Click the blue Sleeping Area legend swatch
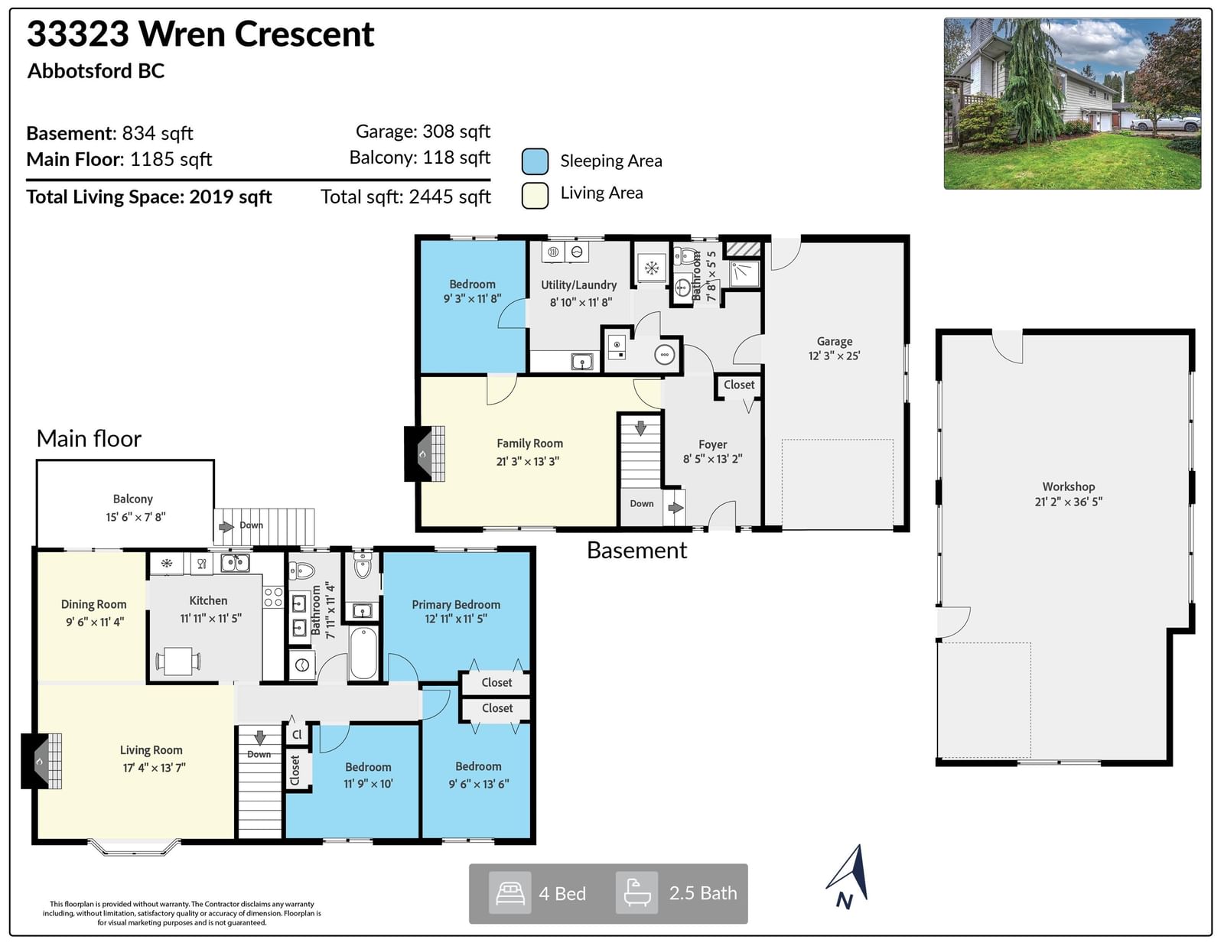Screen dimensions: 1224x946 pyautogui.click(x=535, y=161)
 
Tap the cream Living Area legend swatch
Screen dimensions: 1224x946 pyautogui.click(x=535, y=195)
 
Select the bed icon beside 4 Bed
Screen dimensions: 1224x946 pyautogui.click(x=509, y=893)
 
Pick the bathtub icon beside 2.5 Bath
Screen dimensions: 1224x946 pyautogui.click(x=637, y=892)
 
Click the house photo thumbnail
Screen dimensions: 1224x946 pyautogui.click(x=1073, y=103)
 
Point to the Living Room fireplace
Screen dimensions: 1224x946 pyautogui.click(x=41, y=761)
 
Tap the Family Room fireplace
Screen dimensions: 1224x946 pyautogui.click(x=424, y=453)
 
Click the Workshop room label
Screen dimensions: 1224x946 pyautogui.click(x=1069, y=486)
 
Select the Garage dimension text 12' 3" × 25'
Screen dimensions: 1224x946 pyautogui.click(x=834, y=356)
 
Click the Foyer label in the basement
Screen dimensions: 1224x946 pyautogui.click(x=712, y=445)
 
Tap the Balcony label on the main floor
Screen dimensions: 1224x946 pyautogui.click(x=133, y=499)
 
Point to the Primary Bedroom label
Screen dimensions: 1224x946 pyautogui.click(x=456, y=604)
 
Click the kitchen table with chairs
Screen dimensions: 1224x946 pyautogui.click(x=178, y=661)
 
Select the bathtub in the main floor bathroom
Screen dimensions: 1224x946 pyautogui.click(x=363, y=655)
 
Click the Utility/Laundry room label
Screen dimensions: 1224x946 pyautogui.click(x=579, y=285)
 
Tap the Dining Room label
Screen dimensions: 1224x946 pyautogui.click(x=93, y=604)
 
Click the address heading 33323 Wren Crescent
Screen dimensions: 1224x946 pyautogui.click(x=200, y=34)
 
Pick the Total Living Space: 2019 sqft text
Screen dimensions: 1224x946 pyautogui.click(x=148, y=197)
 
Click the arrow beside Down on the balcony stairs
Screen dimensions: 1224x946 pyautogui.click(x=226, y=527)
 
